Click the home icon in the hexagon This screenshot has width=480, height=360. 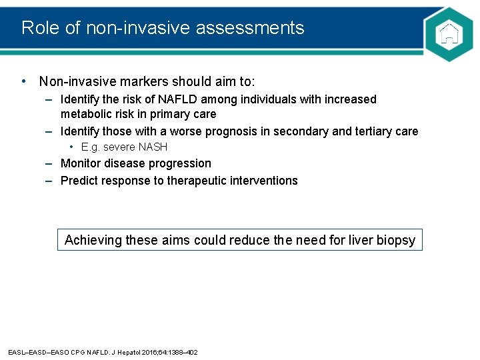451,34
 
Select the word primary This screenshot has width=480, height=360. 165,114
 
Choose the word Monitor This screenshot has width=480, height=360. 83,163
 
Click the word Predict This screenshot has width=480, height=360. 80,181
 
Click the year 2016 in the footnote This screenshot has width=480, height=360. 146,352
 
